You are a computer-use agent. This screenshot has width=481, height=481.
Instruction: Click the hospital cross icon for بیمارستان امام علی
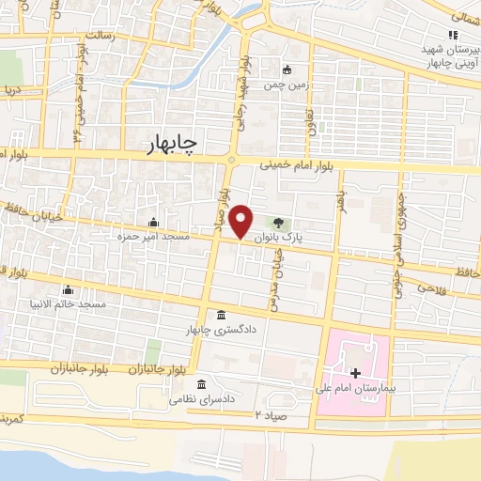click(354, 373)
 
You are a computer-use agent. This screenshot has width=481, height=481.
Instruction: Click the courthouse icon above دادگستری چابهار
click(221, 315)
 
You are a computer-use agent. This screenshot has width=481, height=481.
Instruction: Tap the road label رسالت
click(99, 35)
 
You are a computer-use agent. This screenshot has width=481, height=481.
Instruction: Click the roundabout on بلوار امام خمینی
click(231, 160)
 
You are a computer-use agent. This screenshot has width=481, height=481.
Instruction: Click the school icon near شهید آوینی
click(453, 36)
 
